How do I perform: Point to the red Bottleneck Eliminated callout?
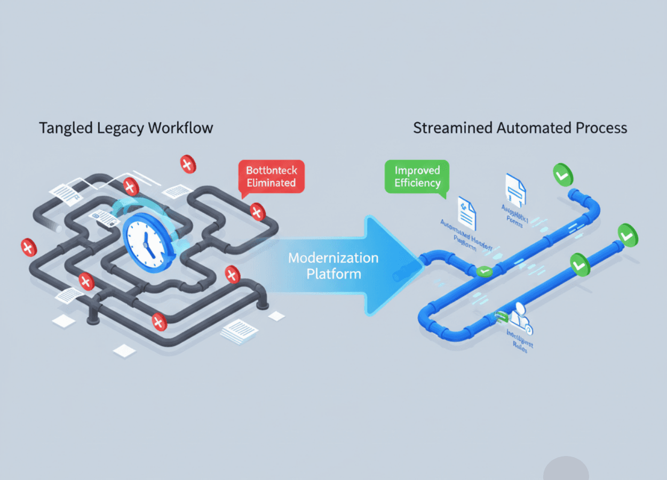click(271, 177)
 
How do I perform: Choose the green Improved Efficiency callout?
click(417, 177)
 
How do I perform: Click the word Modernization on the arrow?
click(333, 258)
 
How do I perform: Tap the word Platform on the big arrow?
click(333, 274)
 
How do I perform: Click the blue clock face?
click(148, 238)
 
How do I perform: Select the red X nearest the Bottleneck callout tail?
click(258, 212)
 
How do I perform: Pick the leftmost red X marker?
click(28, 247)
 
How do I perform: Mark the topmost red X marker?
click(187, 164)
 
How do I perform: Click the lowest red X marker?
click(159, 322)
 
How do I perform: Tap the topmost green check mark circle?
click(562, 175)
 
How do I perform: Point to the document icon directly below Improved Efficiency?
click(466, 213)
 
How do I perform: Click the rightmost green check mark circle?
click(628, 235)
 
